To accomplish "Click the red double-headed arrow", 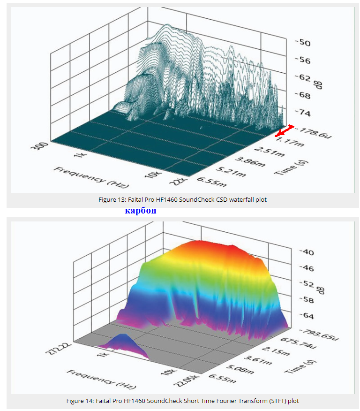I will click(285, 131).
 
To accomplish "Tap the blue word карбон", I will click(141, 211).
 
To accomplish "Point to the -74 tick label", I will click(302, 113).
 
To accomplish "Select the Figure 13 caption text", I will click(183, 200).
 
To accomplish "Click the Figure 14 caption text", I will click(183, 401).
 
